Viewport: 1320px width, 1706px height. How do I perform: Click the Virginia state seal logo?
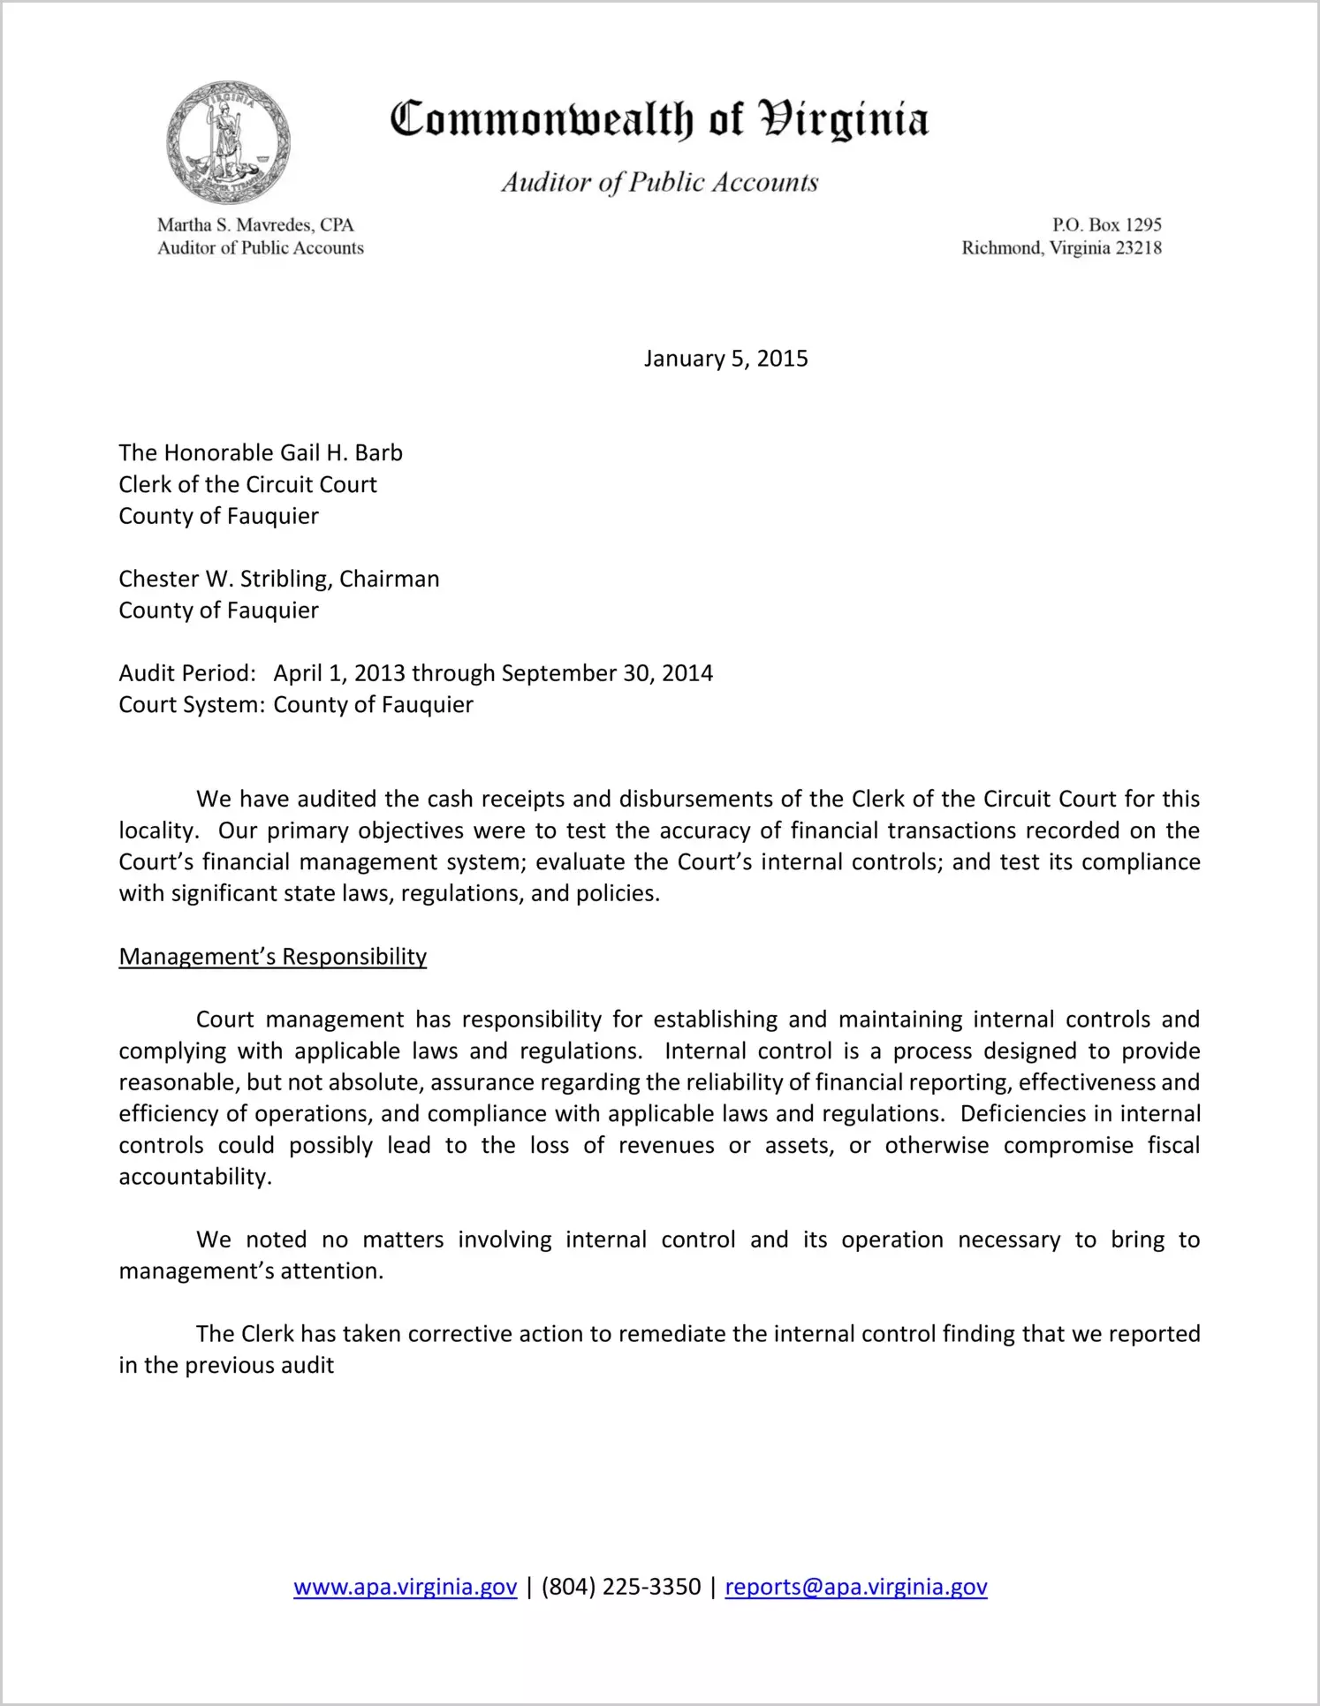tap(228, 142)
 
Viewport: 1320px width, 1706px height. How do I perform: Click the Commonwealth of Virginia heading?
tap(659, 119)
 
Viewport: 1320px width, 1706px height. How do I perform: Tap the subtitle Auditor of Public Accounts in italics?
tap(659, 183)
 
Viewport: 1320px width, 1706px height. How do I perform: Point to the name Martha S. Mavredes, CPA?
tap(255, 225)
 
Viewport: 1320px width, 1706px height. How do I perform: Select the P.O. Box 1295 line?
tap(1106, 225)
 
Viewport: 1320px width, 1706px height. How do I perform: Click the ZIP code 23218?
tap(1138, 248)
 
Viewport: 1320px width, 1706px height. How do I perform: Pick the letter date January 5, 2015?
tap(725, 359)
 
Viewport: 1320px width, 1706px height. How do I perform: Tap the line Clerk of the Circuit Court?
tap(247, 485)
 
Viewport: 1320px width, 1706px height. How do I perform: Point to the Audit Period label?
tap(187, 674)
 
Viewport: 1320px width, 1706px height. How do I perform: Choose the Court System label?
tap(192, 705)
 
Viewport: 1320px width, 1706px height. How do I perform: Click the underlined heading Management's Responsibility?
tap(272, 957)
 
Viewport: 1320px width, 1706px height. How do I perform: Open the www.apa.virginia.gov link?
tap(405, 1588)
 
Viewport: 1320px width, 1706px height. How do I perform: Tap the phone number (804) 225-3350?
tap(620, 1588)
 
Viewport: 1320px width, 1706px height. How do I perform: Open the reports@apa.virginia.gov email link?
tap(855, 1588)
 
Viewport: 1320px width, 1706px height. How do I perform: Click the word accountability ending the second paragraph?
tap(194, 1178)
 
